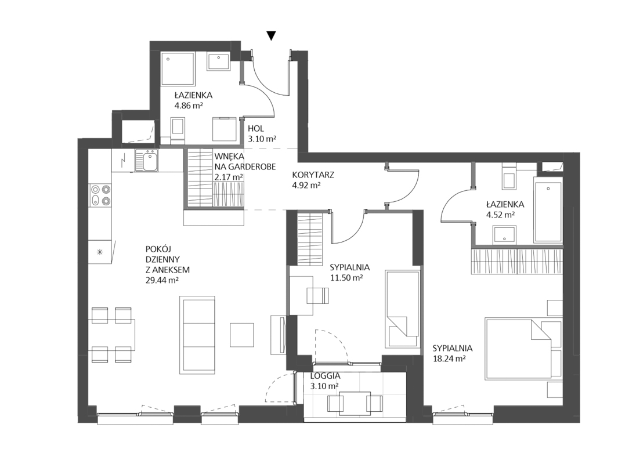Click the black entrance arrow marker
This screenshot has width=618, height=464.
(x=271, y=36)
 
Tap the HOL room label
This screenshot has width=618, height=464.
(x=256, y=129)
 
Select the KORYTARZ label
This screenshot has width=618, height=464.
(x=313, y=175)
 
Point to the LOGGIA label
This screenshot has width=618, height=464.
(x=325, y=376)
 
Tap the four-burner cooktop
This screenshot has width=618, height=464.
(x=100, y=195)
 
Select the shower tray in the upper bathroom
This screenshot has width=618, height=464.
(x=178, y=68)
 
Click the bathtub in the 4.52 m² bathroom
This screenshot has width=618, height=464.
(x=548, y=209)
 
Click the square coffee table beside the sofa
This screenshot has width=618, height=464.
(x=241, y=335)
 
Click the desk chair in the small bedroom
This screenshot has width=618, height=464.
(x=317, y=296)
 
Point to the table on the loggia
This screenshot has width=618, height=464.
(x=355, y=403)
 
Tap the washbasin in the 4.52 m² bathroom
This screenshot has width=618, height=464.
(x=504, y=235)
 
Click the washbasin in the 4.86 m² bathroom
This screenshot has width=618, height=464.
(x=219, y=61)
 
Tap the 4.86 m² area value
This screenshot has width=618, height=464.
(x=189, y=105)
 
